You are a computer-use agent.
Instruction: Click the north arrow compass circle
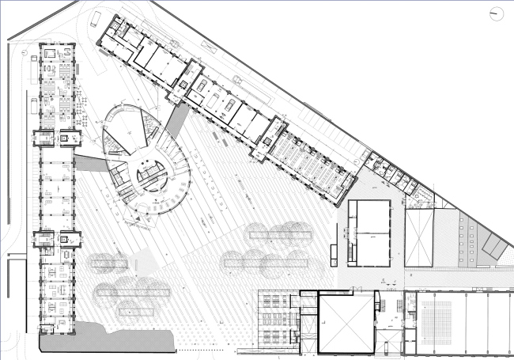point(497,13)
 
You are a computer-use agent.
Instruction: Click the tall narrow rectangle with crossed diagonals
point(419,237)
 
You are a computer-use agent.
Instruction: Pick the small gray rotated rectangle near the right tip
point(492,246)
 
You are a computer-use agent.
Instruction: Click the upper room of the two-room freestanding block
point(369,214)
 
